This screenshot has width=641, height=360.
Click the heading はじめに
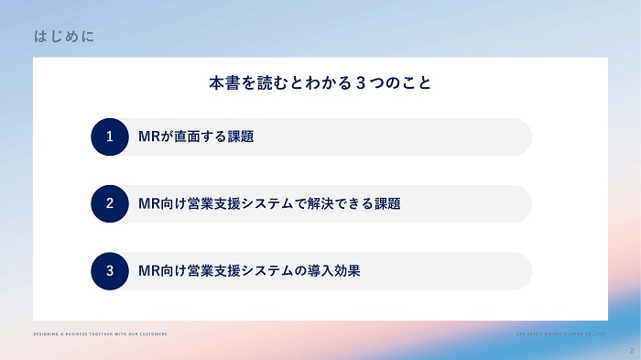coord(62,37)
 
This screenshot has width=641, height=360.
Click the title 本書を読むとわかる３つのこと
coord(320,83)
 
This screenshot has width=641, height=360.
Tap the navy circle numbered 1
coord(109,136)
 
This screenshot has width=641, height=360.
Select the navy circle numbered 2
coord(109,203)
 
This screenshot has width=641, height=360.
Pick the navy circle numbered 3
coord(109,271)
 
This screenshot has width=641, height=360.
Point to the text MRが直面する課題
coord(195,136)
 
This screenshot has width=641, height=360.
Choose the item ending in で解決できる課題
coord(268,203)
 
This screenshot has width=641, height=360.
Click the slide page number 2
coord(631,350)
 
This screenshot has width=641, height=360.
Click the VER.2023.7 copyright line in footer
coord(561,333)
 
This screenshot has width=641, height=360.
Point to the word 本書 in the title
coord(223,83)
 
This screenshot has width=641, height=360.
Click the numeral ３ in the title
coord(361,83)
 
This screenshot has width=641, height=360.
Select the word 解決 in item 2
coord(338,203)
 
